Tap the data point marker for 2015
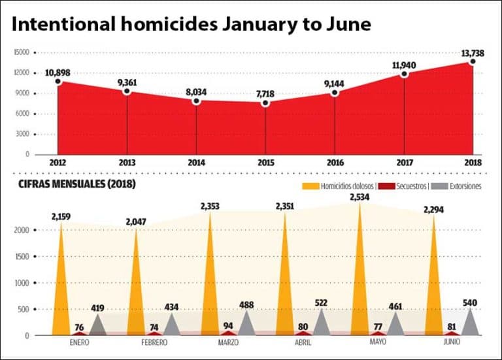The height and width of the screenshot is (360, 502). tap(265, 103)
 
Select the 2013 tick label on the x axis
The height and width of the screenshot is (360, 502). tap(127, 163)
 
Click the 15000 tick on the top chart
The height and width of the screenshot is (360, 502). tap(22, 52)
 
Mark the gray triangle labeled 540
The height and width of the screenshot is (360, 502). tap(471, 321)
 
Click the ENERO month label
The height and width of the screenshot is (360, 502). tap(78, 342)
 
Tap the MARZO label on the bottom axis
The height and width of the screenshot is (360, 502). tap(228, 342)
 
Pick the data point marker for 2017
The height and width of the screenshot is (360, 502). tap(405, 74)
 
